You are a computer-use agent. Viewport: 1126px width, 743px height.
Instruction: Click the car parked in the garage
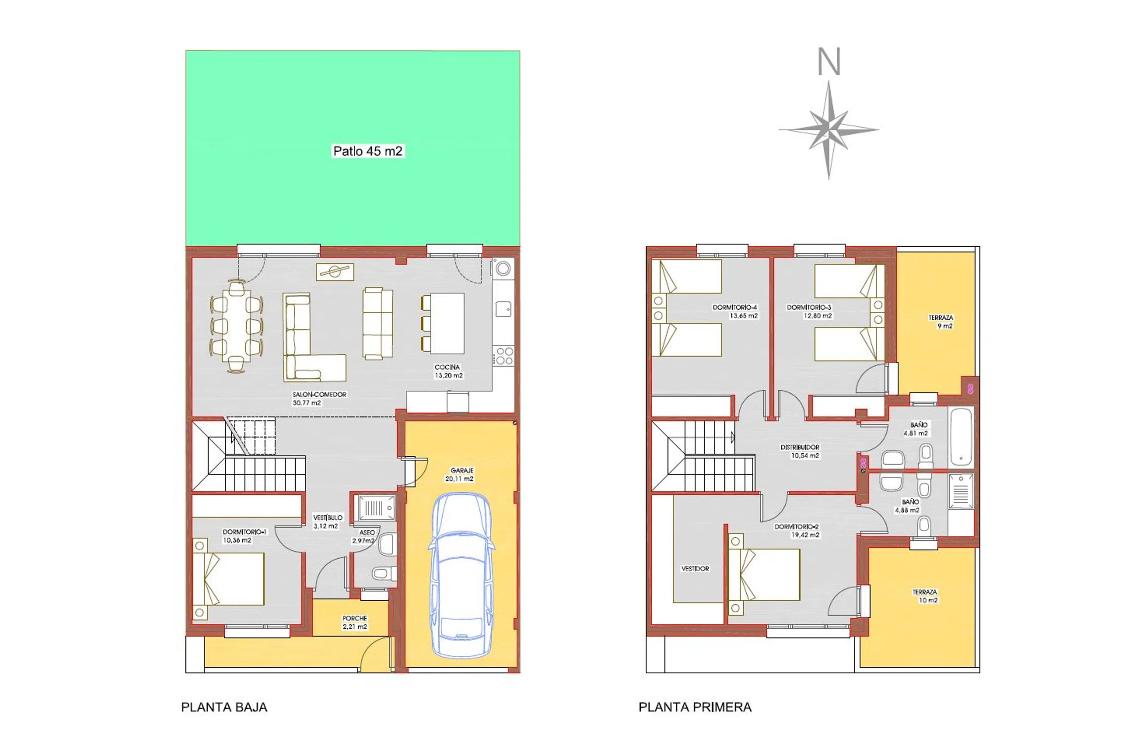pos(461,575)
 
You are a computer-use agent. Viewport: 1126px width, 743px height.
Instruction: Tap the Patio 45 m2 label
pos(367,151)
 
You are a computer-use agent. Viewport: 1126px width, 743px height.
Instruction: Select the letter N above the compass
pos(829,62)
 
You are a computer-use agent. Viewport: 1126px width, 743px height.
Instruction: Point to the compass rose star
pos(829,130)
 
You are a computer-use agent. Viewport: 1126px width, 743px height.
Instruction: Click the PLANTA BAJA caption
pos(224,707)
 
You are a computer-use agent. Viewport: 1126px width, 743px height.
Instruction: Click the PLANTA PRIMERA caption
pos(695,707)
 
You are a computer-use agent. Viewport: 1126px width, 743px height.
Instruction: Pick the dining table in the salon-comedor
pos(237,326)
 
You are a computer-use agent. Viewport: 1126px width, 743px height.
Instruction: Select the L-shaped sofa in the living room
pos(314,337)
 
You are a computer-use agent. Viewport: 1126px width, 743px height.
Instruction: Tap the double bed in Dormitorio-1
pos(228,579)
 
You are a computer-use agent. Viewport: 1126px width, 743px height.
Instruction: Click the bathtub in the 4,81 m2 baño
pos(961,436)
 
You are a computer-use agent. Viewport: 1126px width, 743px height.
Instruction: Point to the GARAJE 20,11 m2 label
pos(460,475)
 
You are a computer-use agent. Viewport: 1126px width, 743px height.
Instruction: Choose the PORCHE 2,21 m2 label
pos(355,623)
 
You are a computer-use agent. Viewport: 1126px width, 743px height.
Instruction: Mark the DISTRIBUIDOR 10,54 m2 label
pos(800,451)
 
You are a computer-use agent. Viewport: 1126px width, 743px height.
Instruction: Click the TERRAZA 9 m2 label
pos(941,322)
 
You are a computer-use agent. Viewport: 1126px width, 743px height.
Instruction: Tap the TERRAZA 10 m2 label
pos(925,596)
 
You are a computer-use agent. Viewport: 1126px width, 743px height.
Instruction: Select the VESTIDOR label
pos(695,569)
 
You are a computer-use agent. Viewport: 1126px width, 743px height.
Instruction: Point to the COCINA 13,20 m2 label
pos(448,371)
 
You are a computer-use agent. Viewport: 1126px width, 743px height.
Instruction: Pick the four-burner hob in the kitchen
pos(504,356)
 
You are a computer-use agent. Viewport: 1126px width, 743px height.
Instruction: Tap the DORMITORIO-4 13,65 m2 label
pos(735,311)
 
